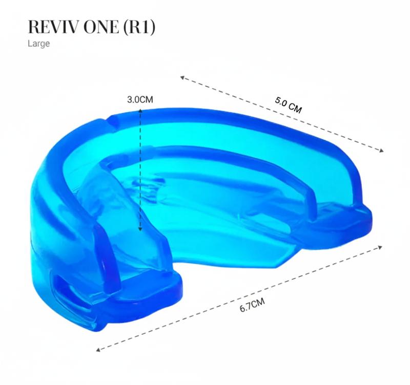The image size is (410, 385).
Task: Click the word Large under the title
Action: (39, 44)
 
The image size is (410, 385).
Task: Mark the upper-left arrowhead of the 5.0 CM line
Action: (181, 78)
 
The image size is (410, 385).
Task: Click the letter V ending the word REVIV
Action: (71, 28)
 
